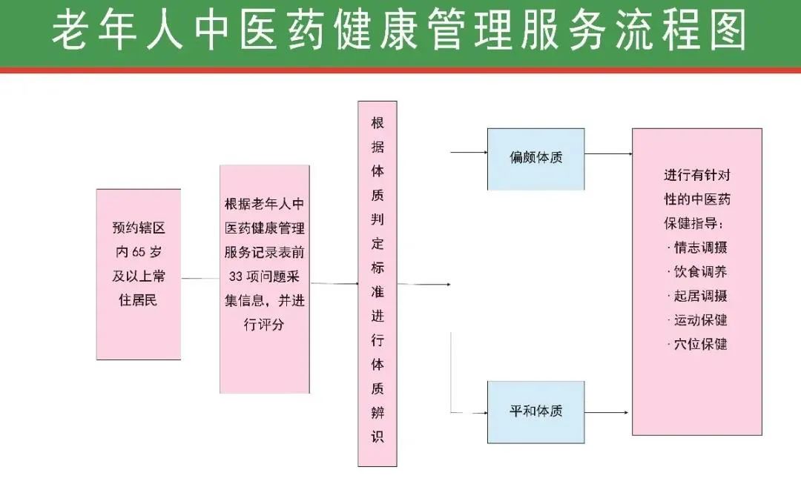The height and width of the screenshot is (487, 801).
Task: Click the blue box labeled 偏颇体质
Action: click(x=535, y=158)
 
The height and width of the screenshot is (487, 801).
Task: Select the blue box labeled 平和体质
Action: click(x=535, y=411)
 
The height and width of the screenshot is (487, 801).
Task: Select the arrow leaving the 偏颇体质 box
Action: click(x=608, y=154)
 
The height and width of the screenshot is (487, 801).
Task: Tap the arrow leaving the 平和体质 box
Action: click(x=608, y=411)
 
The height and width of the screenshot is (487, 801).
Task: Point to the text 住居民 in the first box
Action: click(x=139, y=300)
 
